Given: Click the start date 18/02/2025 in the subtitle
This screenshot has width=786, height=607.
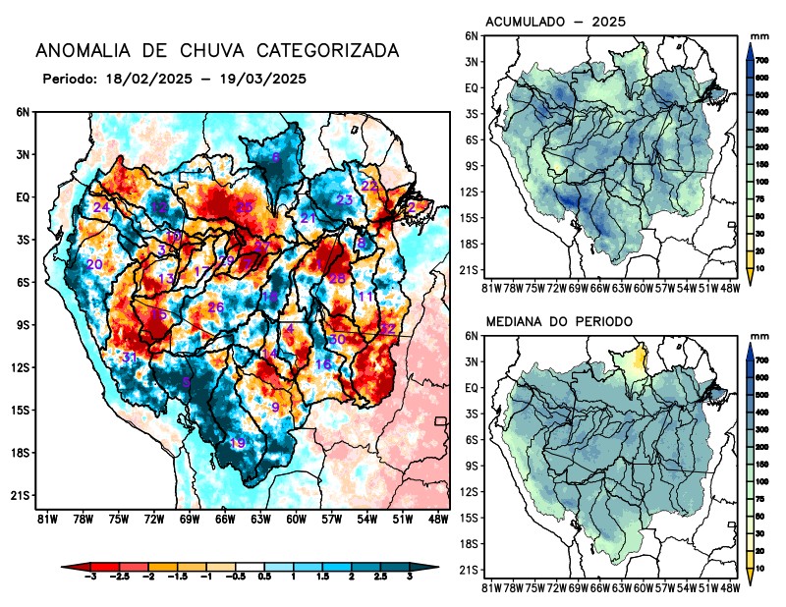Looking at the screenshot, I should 148,78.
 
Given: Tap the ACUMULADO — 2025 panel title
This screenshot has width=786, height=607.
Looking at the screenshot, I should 556,22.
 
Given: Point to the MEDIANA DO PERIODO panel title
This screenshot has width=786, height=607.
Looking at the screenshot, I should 559,321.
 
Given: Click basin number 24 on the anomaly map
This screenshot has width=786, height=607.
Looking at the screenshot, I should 100,207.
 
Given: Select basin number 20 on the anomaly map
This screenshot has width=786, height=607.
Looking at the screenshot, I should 94,264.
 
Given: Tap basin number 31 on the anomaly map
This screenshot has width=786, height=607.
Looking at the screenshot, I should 129,357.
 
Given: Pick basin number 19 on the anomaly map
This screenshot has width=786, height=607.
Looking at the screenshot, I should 237,443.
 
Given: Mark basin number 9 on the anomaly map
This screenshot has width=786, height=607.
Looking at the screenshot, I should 276,408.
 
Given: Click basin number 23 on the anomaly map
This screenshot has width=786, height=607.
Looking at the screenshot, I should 345,200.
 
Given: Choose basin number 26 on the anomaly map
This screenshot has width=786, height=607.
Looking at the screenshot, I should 216,307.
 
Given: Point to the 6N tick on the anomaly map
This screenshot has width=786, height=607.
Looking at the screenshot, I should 22,112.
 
